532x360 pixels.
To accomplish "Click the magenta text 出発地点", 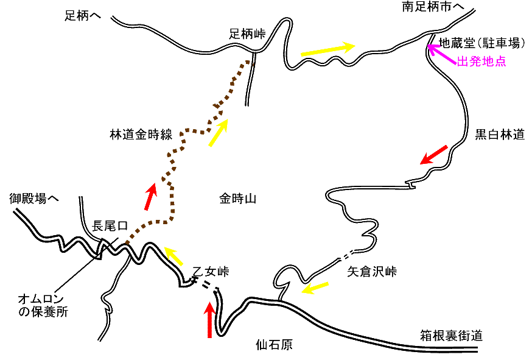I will [x=481, y=62].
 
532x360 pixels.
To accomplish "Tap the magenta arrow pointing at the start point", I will [x=441, y=55].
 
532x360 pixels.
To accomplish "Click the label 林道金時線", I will [x=140, y=135].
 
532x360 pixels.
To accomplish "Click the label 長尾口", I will [x=109, y=227].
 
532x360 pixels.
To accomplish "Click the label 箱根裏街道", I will [x=452, y=336].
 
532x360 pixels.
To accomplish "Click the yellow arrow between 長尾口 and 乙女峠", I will [x=173, y=256].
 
